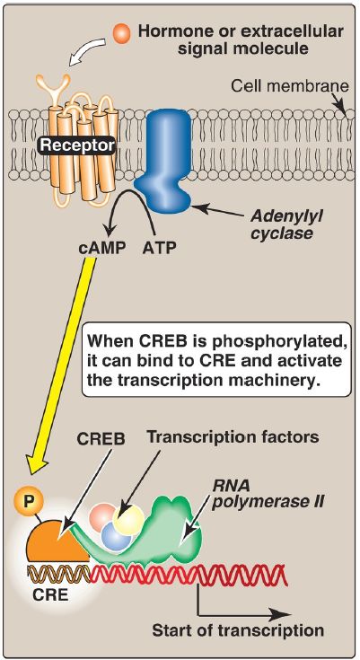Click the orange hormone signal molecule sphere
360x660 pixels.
click(x=123, y=32)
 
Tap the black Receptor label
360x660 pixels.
click(x=77, y=145)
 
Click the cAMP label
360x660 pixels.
click(x=102, y=246)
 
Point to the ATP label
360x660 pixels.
click(x=155, y=246)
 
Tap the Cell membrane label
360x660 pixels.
click(x=290, y=86)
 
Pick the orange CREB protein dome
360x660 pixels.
click(x=57, y=541)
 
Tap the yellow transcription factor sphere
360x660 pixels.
click(x=127, y=521)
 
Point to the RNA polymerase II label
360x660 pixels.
click(x=267, y=494)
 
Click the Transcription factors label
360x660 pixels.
click(x=233, y=437)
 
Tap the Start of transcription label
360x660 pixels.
click(x=238, y=631)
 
